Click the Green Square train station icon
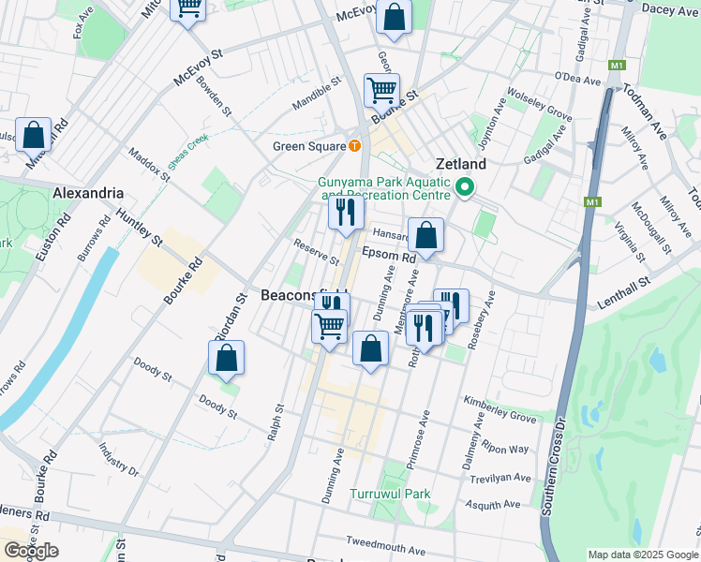tap(354, 145)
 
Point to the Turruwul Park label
tap(390, 494)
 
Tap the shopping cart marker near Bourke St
tap(381, 91)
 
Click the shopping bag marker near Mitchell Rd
tap(34, 135)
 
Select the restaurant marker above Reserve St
tap(346, 213)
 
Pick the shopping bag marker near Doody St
tap(226, 358)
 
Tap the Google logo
tap(30, 551)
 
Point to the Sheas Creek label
tap(187, 152)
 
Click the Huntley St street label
tap(139, 229)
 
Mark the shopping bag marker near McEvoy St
tap(395, 17)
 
